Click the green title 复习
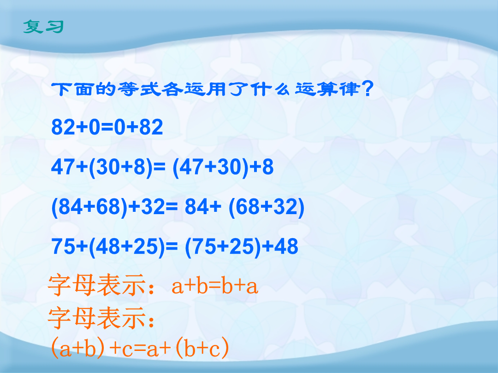point(43,27)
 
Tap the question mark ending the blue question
point(368,88)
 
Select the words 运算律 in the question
point(327,89)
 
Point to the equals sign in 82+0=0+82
point(107,127)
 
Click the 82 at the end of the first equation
point(151,127)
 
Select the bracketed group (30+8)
point(122,167)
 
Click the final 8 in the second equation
point(268,167)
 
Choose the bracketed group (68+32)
point(267,207)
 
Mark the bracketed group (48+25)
point(127,247)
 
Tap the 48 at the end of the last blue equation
point(286,246)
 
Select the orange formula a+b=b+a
point(215,286)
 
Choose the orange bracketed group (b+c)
point(202,348)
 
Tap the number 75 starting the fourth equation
point(64,246)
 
